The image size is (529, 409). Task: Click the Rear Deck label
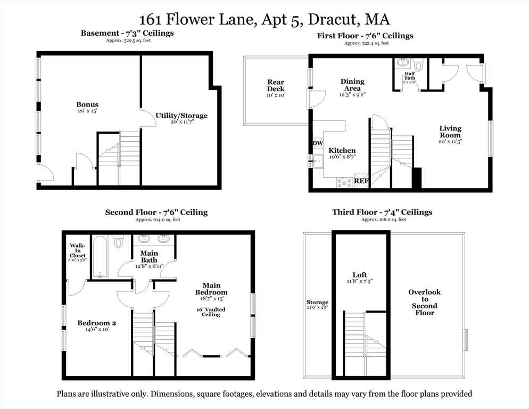276,85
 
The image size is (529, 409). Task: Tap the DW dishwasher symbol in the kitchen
318,143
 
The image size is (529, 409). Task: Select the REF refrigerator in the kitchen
361,181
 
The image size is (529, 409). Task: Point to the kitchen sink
318,161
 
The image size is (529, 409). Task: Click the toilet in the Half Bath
418,64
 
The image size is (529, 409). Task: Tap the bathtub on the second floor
100,257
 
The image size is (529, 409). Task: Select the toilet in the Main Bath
118,241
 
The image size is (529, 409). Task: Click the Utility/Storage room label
181,116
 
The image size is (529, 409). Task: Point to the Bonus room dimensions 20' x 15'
87,111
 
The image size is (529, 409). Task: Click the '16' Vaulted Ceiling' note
211,312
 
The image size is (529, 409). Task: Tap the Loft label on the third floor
360,275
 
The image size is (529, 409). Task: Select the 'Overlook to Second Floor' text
424,302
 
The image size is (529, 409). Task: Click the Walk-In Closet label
78,251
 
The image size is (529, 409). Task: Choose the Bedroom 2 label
97,323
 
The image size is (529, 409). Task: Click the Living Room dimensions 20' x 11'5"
450,142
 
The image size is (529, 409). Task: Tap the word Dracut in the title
332,19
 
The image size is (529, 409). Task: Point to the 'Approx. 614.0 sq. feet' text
158,219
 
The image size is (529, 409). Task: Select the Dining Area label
352,85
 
